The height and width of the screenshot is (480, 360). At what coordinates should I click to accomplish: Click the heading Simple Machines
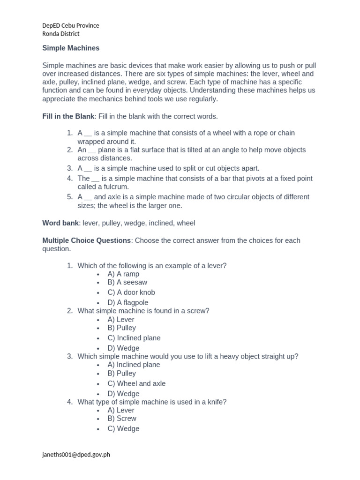tap(71, 48)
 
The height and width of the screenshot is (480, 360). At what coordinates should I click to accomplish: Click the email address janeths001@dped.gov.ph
tap(76, 454)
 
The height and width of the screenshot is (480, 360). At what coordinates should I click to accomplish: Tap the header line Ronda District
tap(61, 34)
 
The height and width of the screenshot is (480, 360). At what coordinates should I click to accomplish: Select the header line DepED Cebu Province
tap(71, 25)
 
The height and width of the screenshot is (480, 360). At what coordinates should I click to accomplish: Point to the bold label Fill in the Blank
tap(68, 116)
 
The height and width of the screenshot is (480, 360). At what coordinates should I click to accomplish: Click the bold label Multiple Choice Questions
tap(86, 240)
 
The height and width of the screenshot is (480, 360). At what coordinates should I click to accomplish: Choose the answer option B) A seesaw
tap(127, 282)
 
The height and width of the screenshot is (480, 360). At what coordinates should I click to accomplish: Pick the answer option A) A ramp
tap(123, 274)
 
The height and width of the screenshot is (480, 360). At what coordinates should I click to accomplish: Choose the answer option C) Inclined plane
tap(134, 338)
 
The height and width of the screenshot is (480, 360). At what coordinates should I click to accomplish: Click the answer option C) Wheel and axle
tap(136, 383)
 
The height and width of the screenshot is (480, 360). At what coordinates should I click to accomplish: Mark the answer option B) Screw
tap(122, 419)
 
